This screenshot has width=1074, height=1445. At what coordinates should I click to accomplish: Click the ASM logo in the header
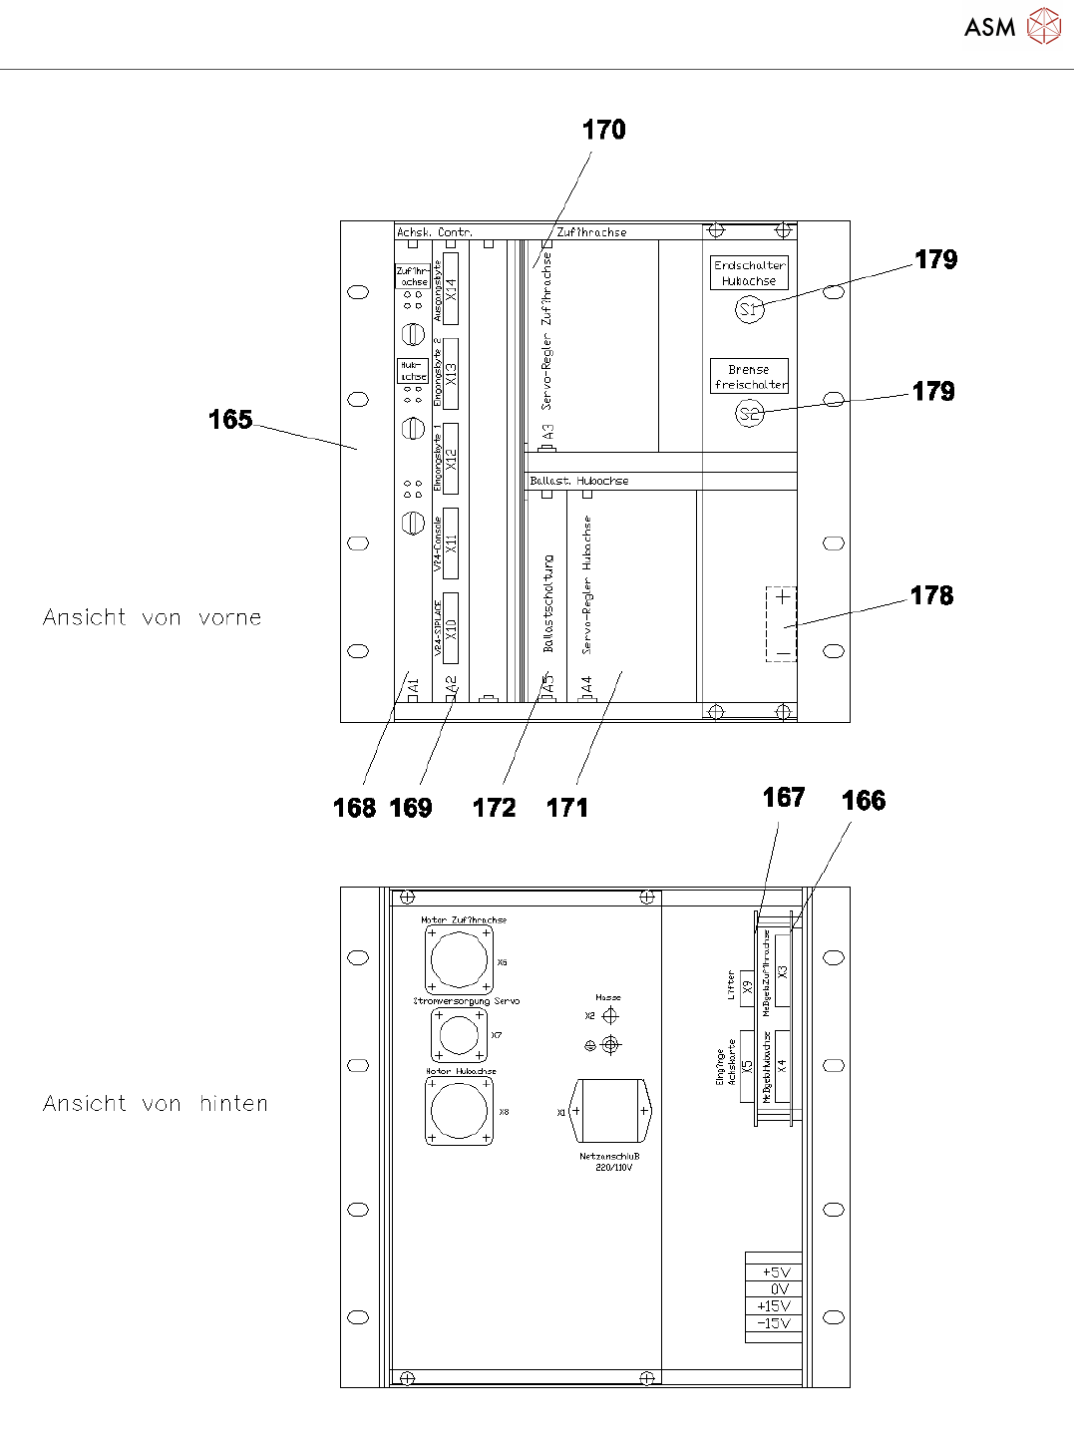coord(1012,27)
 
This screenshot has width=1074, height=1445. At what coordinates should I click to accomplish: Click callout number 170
coord(603,130)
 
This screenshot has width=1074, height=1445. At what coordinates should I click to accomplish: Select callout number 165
coord(230,420)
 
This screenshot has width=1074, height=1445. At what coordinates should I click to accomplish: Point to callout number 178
coord(931,595)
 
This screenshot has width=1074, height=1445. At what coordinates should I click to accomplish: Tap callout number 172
coord(494,808)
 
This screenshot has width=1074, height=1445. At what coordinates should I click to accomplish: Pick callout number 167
coord(783,798)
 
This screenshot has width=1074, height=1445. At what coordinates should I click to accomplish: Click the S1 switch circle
coord(750,310)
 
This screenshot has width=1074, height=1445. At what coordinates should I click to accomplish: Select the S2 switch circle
coord(749,413)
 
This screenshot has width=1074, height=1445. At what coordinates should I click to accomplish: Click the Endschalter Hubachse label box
coord(750,273)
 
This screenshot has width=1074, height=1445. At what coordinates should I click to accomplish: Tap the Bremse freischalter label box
coord(750,377)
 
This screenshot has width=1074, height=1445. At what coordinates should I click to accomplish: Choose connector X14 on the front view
coord(451,289)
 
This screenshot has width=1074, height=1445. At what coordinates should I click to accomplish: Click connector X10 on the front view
coord(451,628)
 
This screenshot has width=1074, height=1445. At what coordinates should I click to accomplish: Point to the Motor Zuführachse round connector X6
coord(459,960)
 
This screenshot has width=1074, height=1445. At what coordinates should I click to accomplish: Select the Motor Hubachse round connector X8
coord(459,1111)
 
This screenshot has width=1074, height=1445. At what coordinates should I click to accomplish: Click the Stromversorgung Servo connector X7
coord(459,1034)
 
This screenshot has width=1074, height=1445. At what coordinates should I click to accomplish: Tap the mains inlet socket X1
coord(610,1111)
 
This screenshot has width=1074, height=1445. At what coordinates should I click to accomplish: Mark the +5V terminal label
coord(775,1272)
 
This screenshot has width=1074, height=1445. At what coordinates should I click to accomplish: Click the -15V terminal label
coord(774,1323)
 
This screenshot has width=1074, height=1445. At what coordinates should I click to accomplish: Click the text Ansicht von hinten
coord(156,1104)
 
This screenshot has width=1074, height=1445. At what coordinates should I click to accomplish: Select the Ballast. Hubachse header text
coord(579,481)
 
